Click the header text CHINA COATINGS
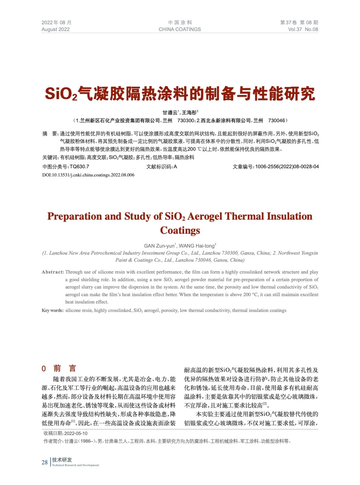[x=180, y=29]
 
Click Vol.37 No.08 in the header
[x=303, y=29]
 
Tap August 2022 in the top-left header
[x=56, y=29]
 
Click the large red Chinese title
[x=180, y=93]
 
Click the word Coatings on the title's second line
[x=180, y=230]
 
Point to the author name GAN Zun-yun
[x=159, y=246]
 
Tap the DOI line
[x=88, y=175]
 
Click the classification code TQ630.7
[x=79, y=167]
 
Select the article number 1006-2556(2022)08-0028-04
[x=287, y=167]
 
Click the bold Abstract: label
[x=53, y=272]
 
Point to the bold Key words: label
[x=52, y=310]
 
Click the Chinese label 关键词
[x=50, y=158]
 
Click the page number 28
[x=45, y=462]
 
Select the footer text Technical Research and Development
[x=76, y=465]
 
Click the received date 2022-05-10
[x=76, y=433]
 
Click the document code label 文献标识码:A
[x=161, y=167]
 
